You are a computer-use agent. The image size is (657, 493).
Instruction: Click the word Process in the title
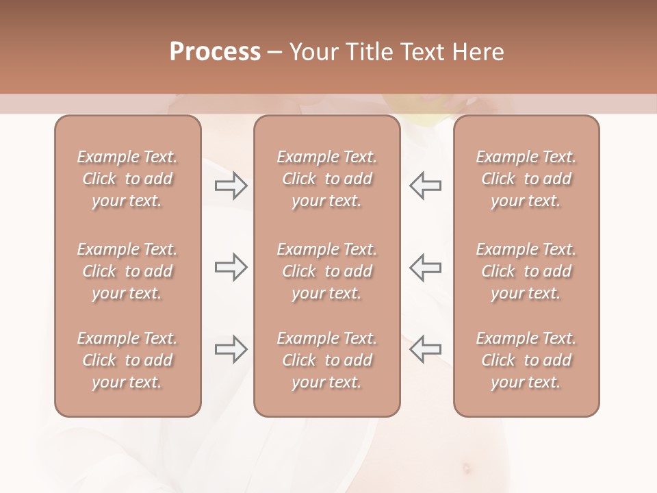click(215, 52)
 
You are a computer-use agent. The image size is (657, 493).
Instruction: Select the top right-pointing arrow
click(231, 186)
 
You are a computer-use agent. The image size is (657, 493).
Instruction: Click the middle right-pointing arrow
click(231, 267)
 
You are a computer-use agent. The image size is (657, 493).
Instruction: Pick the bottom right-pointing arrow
click(231, 349)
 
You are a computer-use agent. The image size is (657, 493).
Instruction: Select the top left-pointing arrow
click(425, 186)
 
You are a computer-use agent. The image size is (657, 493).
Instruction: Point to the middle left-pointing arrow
click(425, 267)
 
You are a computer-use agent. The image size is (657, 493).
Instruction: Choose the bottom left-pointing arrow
click(425, 349)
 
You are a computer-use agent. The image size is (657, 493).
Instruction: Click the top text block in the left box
click(127, 179)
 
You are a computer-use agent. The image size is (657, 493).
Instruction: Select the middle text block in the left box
click(127, 271)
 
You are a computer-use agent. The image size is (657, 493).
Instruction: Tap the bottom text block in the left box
click(127, 360)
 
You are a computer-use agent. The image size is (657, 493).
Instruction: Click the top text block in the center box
click(326, 179)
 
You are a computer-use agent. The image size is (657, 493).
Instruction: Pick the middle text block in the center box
click(326, 271)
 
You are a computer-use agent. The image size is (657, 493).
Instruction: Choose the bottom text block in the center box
click(326, 360)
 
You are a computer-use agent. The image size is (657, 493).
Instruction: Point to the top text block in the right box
click(526, 179)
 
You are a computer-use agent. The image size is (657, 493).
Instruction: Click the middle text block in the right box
click(526, 271)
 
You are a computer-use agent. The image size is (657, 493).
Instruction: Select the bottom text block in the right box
click(526, 360)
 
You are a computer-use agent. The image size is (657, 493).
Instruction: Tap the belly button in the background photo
click(467, 469)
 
